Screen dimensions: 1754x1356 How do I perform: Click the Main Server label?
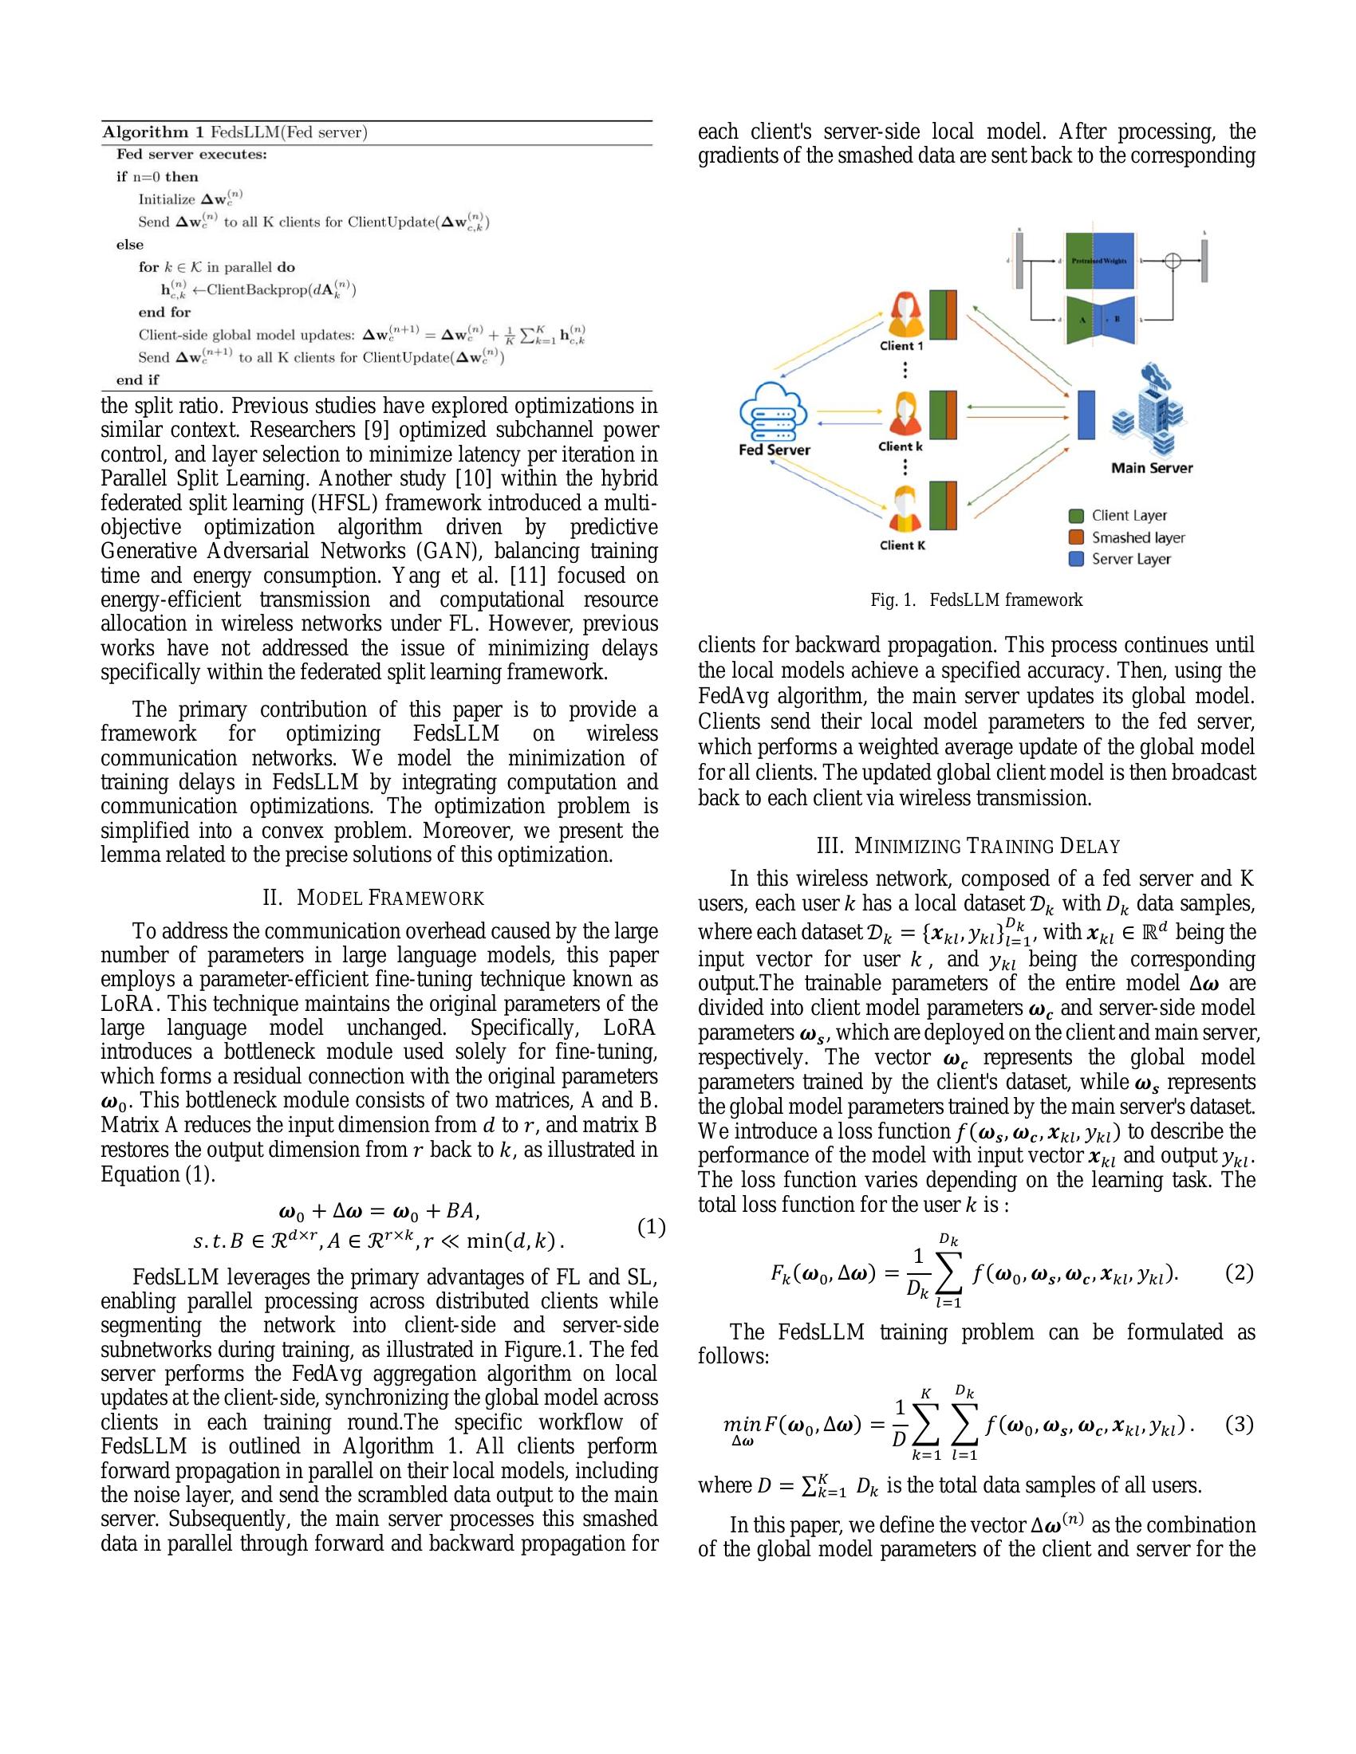pyautogui.click(x=1151, y=467)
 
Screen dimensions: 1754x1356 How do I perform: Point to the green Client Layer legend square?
pyautogui.click(x=1078, y=516)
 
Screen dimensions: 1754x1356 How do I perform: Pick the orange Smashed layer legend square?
pyautogui.click(x=1078, y=537)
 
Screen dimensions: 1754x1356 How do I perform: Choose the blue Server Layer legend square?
pyautogui.click(x=1078, y=559)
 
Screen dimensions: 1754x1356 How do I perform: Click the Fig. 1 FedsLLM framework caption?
pyautogui.click(x=976, y=600)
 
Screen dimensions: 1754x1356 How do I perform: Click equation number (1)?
pyautogui.click(x=651, y=1226)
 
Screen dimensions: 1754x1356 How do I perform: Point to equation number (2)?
pyautogui.click(x=1239, y=1273)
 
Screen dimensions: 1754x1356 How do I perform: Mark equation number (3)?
pyautogui.click(x=1239, y=1425)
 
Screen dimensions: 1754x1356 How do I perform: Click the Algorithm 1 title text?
pyautogui.click(x=235, y=132)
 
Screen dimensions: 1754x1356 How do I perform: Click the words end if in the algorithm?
pyautogui.click(x=137, y=380)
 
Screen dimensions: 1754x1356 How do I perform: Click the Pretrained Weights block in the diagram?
pyautogui.click(x=1099, y=261)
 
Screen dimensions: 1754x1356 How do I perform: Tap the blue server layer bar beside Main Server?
pyautogui.click(x=1086, y=415)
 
